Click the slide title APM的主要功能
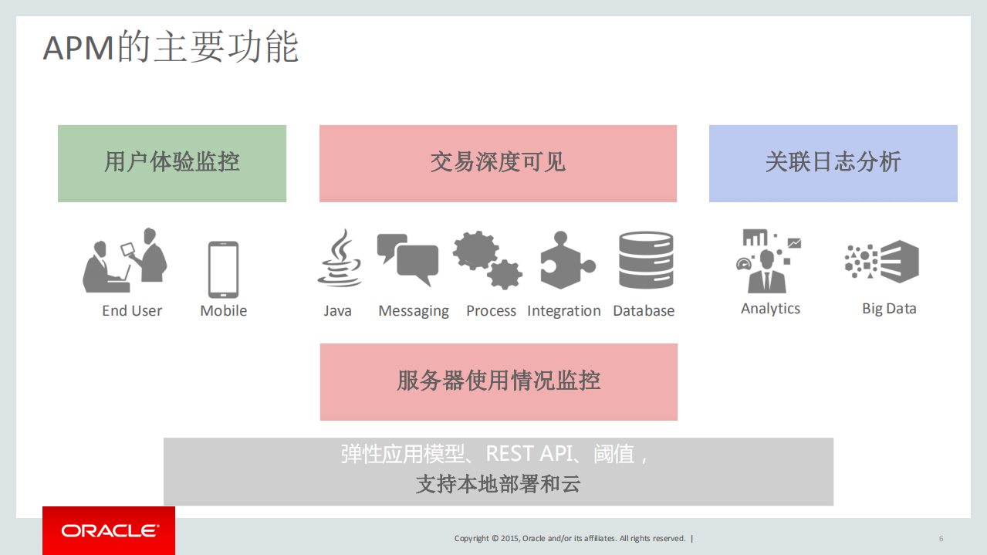click(x=171, y=47)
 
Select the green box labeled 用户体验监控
click(x=172, y=163)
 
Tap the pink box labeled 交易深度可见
click(x=498, y=163)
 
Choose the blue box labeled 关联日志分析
click(x=833, y=163)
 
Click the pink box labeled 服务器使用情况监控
click(x=499, y=381)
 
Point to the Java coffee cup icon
click(x=340, y=259)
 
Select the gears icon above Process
click(x=487, y=259)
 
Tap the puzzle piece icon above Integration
click(x=566, y=260)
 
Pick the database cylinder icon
click(x=646, y=260)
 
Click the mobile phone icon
click(x=223, y=269)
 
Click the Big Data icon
click(x=882, y=262)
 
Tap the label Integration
click(x=564, y=311)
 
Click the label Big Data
click(x=889, y=309)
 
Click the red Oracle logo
click(x=109, y=530)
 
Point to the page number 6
click(x=941, y=539)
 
